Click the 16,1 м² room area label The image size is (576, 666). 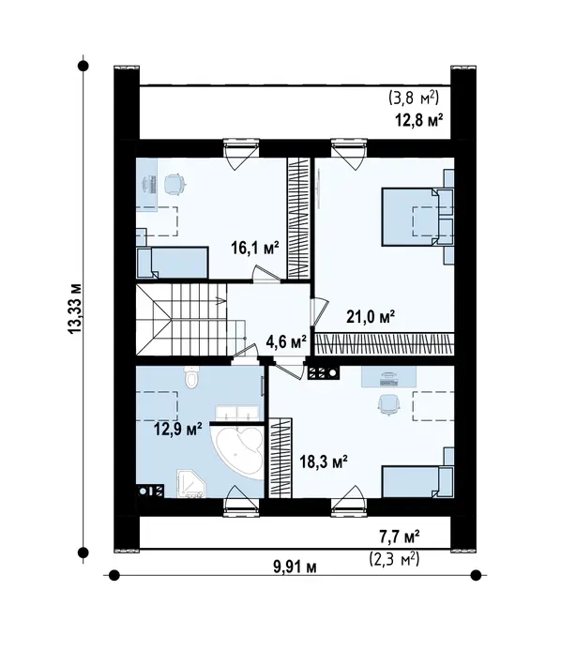255,248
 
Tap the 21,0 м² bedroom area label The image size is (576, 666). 371,316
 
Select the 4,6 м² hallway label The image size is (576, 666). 286,341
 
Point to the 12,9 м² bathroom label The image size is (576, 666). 177,429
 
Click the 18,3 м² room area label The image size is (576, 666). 324,462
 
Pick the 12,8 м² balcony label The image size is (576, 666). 419,120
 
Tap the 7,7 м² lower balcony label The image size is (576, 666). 400,537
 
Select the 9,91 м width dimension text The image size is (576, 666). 295,567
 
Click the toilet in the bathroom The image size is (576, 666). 192,377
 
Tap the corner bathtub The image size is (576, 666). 239,452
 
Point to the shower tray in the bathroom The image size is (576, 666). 191,483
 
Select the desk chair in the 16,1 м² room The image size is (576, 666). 174,184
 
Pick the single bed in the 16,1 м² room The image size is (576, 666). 172,263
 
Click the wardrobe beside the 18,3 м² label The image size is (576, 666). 280,458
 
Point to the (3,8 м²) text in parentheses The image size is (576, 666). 414,98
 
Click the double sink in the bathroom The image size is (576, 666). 237,414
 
